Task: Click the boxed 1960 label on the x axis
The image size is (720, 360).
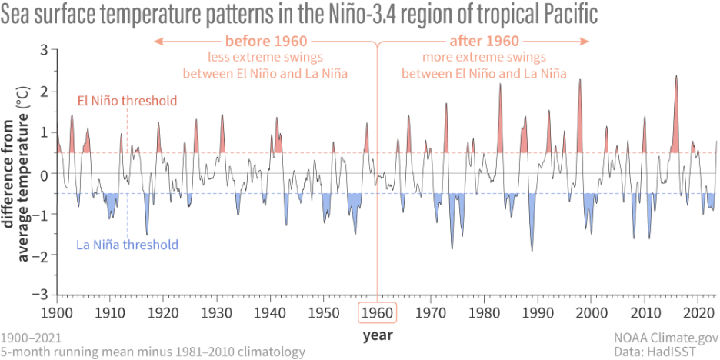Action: (377, 314)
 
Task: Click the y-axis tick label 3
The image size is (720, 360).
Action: (44, 50)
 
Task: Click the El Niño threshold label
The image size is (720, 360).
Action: (128, 101)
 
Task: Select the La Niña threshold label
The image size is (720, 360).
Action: (128, 245)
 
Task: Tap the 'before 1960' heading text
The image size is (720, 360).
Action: (265, 41)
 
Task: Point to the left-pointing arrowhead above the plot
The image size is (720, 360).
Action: (158, 41)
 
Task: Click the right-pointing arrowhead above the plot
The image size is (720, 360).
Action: (585, 41)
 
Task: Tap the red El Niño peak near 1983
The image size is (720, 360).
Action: (500, 85)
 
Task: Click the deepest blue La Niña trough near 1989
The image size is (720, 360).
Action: (532, 248)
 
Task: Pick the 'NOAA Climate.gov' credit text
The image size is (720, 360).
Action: (665, 338)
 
